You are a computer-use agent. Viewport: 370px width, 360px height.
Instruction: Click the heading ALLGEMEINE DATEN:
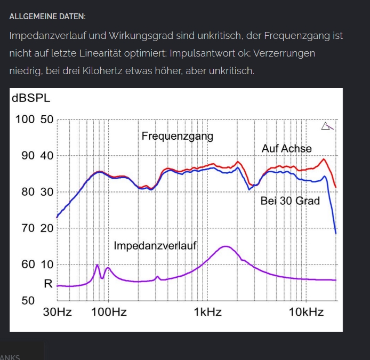[x=47, y=17]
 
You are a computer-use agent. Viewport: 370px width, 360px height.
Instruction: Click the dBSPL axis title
[x=31, y=98]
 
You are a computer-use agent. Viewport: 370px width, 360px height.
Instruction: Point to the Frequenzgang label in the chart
[x=177, y=136]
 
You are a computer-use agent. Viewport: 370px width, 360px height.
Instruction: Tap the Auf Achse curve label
[x=286, y=148]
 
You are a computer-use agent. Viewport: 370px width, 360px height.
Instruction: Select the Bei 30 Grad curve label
[x=290, y=201]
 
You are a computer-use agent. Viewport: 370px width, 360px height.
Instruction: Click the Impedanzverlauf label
[x=155, y=245]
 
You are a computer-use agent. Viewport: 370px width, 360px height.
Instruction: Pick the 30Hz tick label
[x=58, y=312]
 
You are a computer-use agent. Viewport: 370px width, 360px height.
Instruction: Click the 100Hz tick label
[x=109, y=312]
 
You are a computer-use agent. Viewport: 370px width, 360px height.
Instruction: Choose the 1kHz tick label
[x=207, y=312]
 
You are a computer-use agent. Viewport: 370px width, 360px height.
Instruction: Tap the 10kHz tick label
[x=306, y=312]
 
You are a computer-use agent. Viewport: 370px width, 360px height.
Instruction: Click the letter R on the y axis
[x=49, y=284]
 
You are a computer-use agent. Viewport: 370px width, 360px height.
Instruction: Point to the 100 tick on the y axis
[x=25, y=119]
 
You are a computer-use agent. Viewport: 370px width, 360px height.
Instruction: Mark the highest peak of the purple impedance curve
[x=226, y=246]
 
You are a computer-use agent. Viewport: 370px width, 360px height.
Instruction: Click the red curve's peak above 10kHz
[x=324, y=159]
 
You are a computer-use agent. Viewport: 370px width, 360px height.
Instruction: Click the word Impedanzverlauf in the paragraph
[x=48, y=36]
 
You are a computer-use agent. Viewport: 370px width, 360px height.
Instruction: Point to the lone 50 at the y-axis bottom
[x=28, y=301]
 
